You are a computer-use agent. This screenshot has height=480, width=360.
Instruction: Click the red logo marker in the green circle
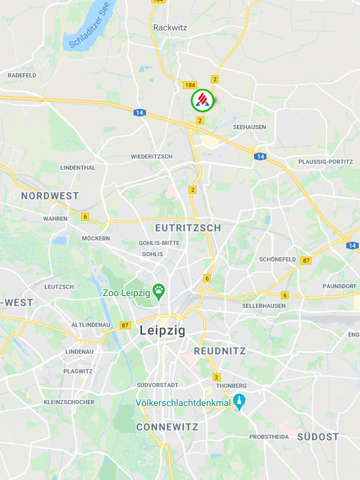tap(202, 100)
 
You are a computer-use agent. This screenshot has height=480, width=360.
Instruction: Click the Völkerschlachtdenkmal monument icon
tap(240, 402)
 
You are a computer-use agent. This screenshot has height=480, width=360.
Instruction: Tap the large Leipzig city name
tap(162, 331)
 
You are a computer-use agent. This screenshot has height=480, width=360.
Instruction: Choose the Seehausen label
tap(250, 127)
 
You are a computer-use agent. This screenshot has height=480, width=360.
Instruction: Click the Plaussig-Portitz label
tap(325, 161)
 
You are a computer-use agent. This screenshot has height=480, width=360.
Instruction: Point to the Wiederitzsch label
tap(151, 157)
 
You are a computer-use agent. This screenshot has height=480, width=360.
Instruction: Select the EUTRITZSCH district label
tap(188, 228)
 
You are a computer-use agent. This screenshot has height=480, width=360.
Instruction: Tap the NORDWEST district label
tap(50, 196)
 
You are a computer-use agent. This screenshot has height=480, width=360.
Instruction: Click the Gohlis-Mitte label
tap(159, 242)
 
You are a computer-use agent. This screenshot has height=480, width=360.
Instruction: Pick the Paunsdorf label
tap(339, 286)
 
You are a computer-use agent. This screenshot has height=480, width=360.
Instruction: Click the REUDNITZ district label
tap(220, 351)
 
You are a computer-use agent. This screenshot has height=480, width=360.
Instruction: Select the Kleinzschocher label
tap(69, 401)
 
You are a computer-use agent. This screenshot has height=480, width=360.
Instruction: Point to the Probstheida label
tap(269, 436)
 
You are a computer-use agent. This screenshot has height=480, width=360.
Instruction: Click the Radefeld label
tap(22, 75)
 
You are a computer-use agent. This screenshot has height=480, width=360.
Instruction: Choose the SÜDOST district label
tap(318, 436)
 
